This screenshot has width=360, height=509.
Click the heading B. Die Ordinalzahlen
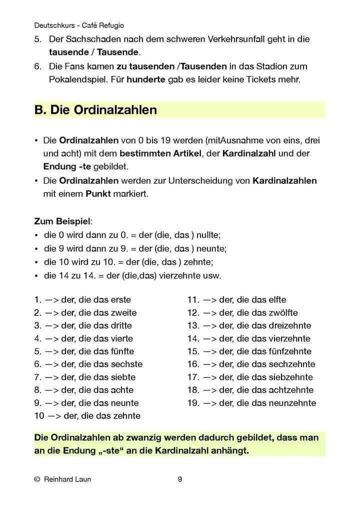point(95,110)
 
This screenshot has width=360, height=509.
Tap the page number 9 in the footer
point(180,479)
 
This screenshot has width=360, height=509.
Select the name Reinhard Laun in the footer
point(67,479)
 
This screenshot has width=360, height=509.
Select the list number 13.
point(193,325)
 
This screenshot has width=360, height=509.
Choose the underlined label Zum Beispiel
point(63,220)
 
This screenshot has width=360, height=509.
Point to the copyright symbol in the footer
point(37,479)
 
